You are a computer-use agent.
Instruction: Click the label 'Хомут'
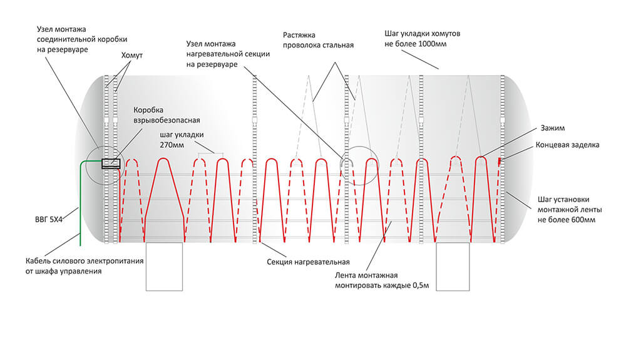pos(132,56)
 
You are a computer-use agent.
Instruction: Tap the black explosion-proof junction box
pos(111,164)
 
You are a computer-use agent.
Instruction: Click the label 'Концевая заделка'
pos(568,145)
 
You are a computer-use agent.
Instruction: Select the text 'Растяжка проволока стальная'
pos(318,40)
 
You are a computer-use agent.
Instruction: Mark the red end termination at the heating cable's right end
pos(499,162)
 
